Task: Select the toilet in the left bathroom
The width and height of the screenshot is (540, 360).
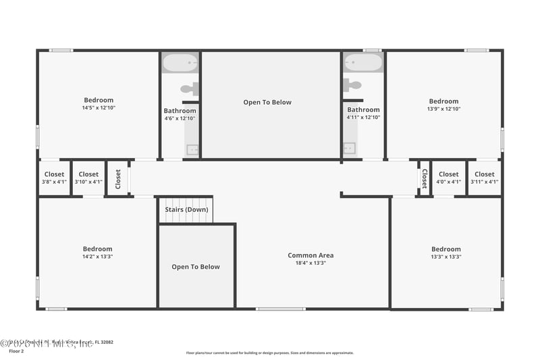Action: pyautogui.click(x=190, y=88)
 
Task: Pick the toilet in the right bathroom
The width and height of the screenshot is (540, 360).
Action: pyautogui.click(x=352, y=85)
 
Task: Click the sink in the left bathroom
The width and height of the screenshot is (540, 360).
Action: pyautogui.click(x=192, y=150)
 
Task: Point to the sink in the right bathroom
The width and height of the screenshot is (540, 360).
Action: pyautogui.click(x=349, y=149)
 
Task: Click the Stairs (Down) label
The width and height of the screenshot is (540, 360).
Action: pyautogui.click(x=187, y=209)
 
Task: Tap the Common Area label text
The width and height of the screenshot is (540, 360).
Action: pyautogui.click(x=310, y=255)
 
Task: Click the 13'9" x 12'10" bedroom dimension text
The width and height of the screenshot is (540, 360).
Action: pyautogui.click(x=443, y=109)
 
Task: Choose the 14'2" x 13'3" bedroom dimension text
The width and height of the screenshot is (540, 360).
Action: pyautogui.click(x=98, y=257)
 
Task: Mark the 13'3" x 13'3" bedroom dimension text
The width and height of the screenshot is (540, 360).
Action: pyautogui.click(x=446, y=257)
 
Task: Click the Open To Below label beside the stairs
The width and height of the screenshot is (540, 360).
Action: pyautogui.click(x=196, y=267)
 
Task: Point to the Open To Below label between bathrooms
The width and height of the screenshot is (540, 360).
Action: pyautogui.click(x=267, y=102)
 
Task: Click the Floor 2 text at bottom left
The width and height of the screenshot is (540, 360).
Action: pyautogui.click(x=16, y=351)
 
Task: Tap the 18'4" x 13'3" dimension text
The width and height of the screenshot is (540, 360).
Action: pyautogui.click(x=310, y=263)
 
